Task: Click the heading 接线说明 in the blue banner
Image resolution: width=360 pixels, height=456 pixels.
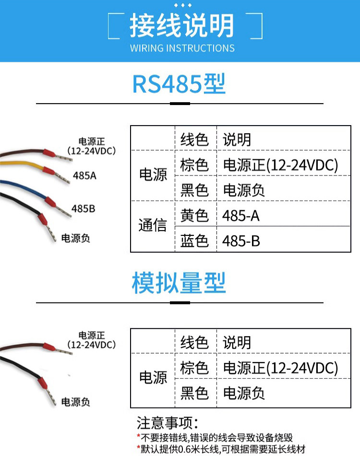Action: pos(181,25)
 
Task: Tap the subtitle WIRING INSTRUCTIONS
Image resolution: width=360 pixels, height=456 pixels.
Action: pos(182,48)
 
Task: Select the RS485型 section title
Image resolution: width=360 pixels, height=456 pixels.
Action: pos(179,84)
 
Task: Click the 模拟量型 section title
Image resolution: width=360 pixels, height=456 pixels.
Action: pos(179,283)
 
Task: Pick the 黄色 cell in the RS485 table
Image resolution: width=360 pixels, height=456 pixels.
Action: pos(194,215)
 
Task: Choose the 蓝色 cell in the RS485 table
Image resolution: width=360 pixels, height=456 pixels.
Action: pos(194,241)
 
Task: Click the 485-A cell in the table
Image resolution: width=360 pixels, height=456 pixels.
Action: pos(240,216)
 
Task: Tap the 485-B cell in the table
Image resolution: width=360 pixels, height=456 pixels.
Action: pos(241,241)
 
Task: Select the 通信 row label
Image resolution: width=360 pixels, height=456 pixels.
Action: pos(153,225)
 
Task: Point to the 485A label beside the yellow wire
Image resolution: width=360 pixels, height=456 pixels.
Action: pos(84,175)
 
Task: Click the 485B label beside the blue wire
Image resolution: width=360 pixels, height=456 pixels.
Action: pos(83,209)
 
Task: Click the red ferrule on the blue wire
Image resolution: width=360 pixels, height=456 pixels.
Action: pos(50,201)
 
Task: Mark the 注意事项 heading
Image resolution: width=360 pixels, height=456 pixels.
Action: pos(168,423)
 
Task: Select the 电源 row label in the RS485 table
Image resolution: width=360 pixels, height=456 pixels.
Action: pos(153,175)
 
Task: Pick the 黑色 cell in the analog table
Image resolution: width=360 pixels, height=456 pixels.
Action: pos(194,393)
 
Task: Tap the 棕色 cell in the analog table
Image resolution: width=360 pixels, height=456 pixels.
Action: pos(194,368)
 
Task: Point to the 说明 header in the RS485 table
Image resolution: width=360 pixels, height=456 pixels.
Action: pos(237,140)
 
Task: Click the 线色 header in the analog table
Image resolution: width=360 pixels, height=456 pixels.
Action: pos(194,342)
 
